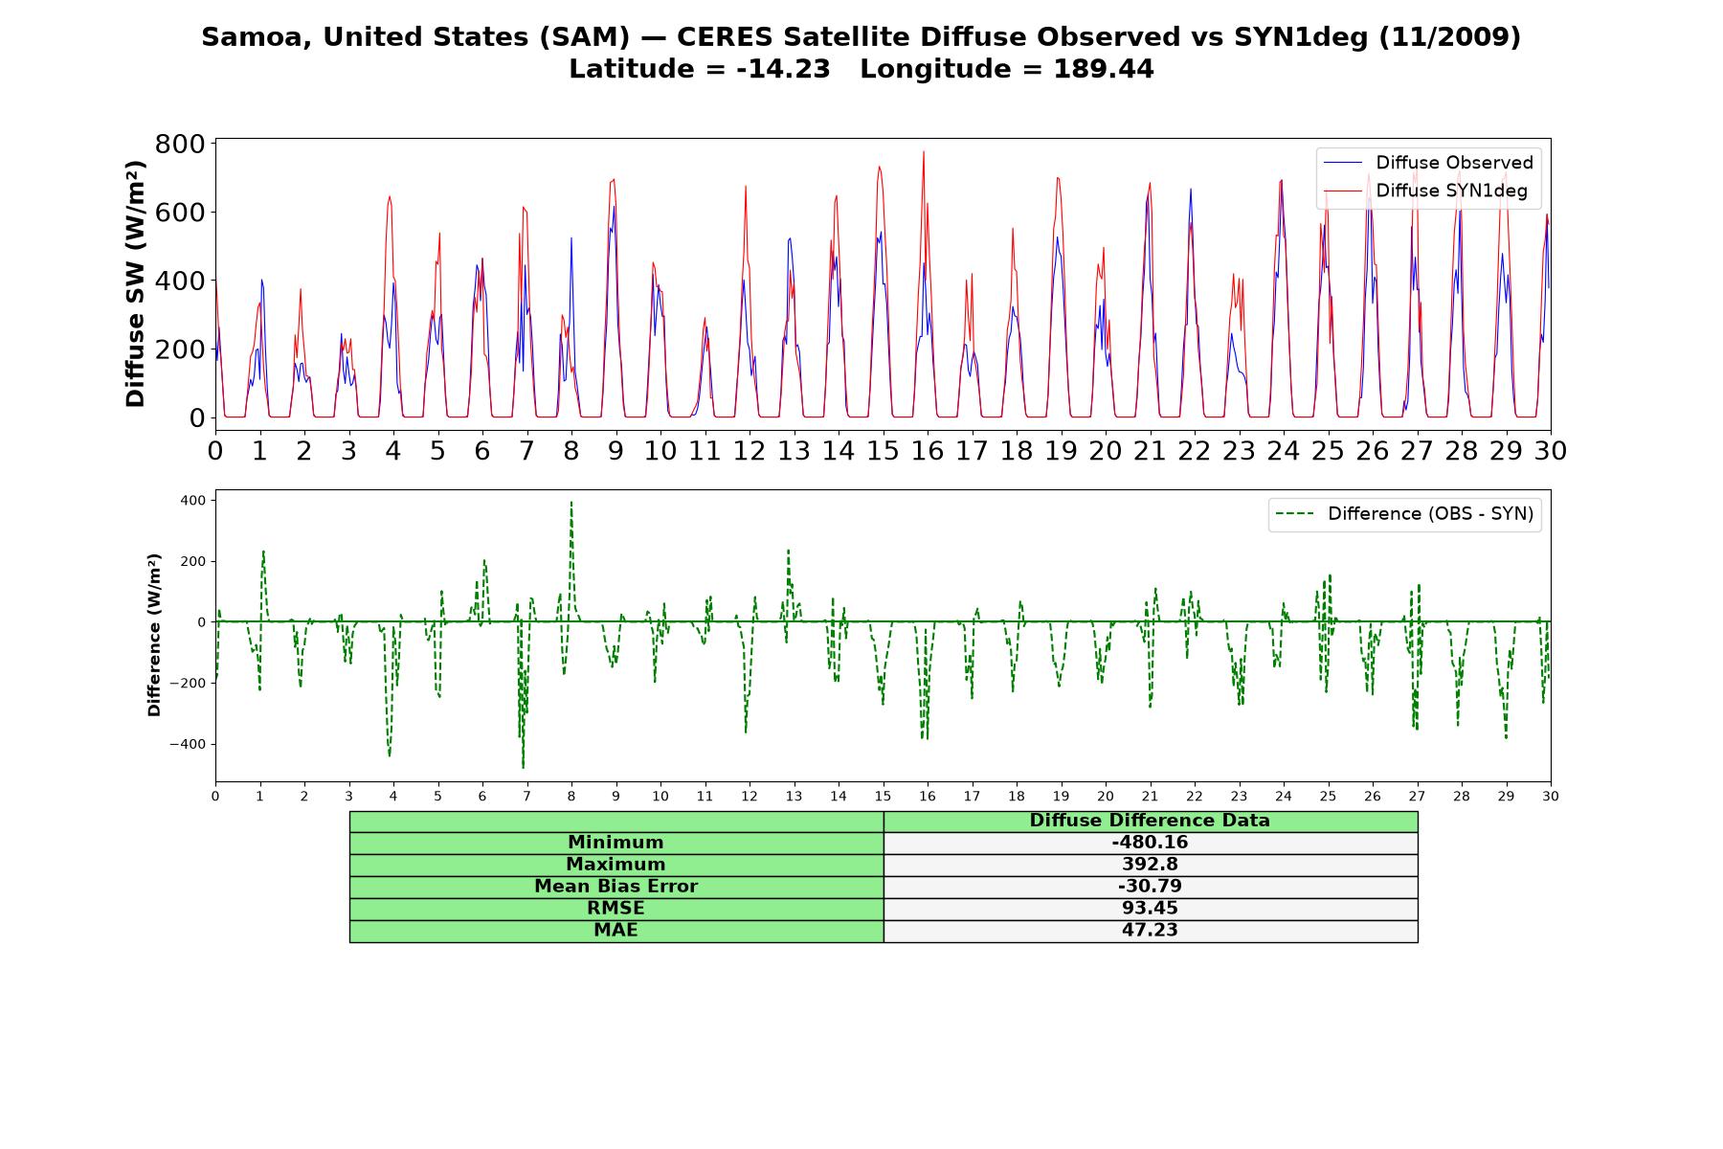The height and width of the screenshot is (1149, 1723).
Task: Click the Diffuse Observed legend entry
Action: tap(1427, 163)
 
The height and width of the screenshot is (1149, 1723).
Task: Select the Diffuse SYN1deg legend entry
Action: tap(1425, 191)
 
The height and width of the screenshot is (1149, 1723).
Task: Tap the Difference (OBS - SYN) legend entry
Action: tap(1404, 514)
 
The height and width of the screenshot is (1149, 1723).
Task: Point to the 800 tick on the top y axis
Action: tap(180, 144)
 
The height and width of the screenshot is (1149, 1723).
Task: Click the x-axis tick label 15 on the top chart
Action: tap(883, 450)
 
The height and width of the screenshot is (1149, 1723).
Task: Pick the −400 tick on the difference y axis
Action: tap(188, 744)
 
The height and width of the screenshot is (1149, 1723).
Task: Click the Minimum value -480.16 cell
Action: tap(1150, 843)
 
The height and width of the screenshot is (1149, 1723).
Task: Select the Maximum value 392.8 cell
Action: tap(1150, 865)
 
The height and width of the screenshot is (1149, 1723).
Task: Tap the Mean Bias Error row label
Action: tap(615, 887)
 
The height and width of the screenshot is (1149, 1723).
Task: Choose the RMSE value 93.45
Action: tap(1150, 908)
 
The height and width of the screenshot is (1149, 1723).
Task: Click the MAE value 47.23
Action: tap(1150, 930)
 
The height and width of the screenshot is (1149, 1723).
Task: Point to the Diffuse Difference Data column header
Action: tap(1150, 821)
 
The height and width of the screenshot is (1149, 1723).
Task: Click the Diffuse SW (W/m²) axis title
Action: tap(135, 283)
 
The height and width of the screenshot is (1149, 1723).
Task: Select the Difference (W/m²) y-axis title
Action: tap(154, 635)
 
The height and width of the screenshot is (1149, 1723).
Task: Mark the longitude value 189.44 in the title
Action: tap(1104, 69)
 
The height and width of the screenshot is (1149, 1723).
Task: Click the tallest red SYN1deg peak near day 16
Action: tap(924, 152)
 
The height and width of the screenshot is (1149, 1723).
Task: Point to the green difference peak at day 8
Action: tap(571, 503)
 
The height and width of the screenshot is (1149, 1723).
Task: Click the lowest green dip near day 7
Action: tap(523, 767)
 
